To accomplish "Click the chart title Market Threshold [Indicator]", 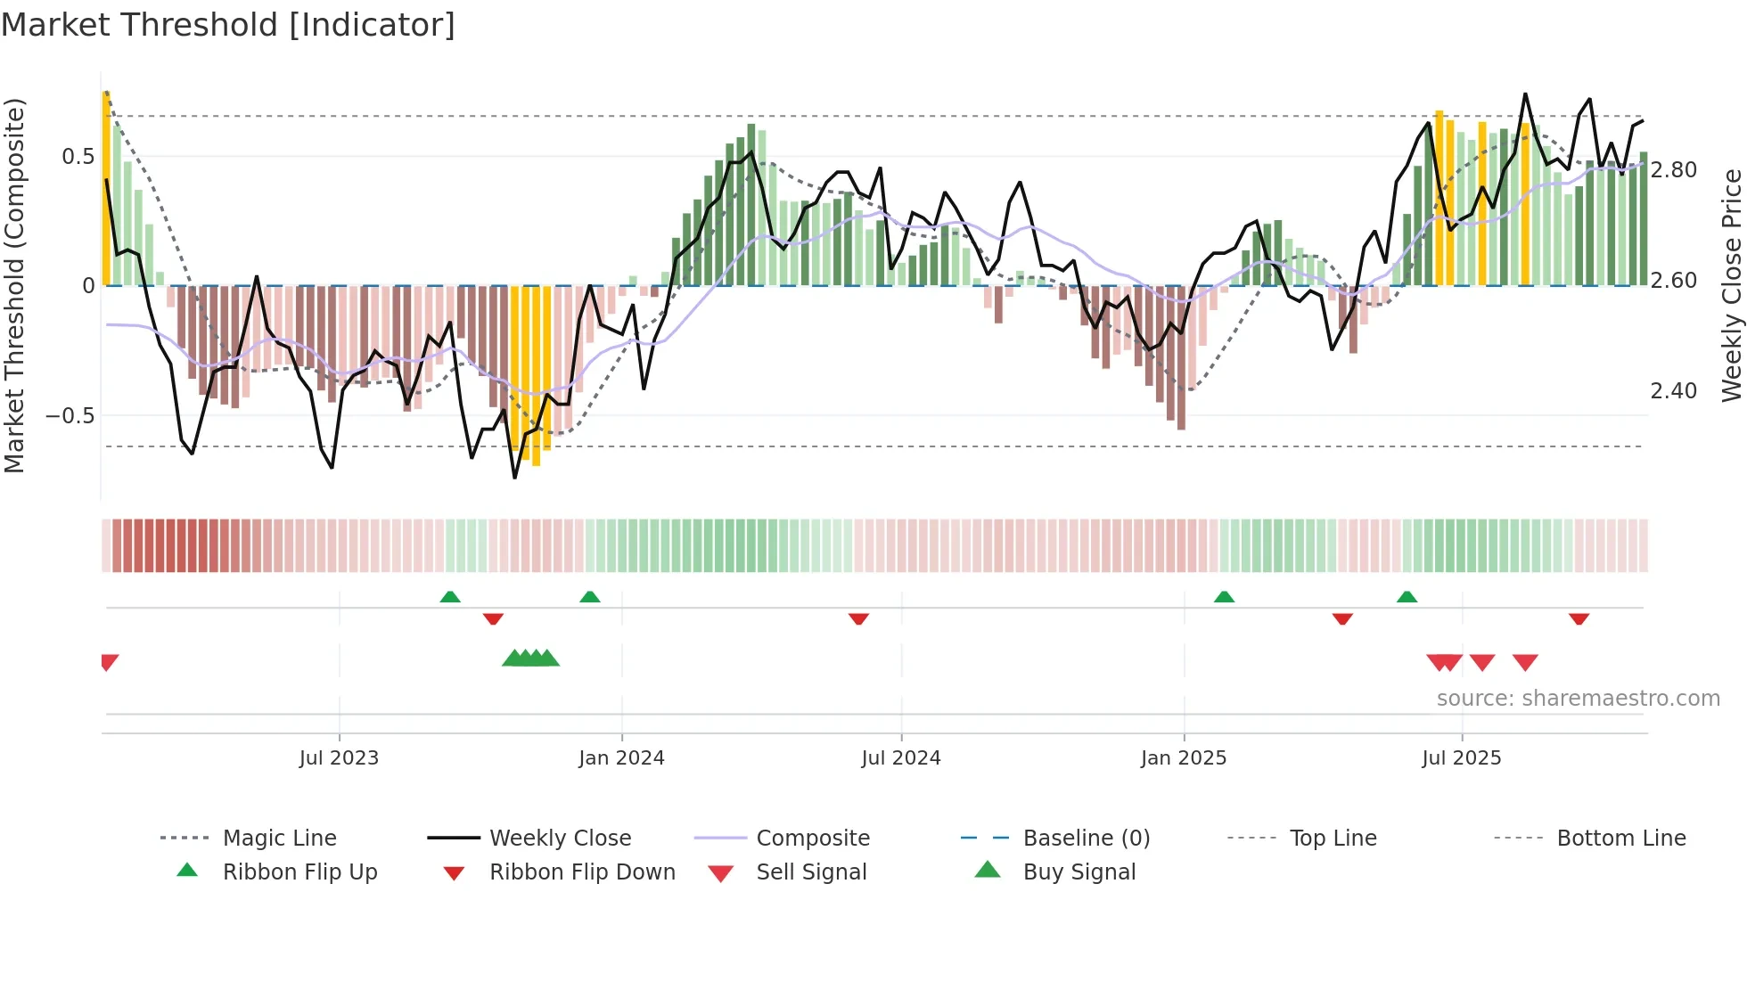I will coord(228,25).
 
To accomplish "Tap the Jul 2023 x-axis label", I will coord(339,758).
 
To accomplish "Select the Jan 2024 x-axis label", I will coord(621,758).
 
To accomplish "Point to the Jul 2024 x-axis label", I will coord(900,758).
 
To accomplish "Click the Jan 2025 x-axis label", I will coord(1183,758).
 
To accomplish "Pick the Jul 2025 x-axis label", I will coord(1461,758).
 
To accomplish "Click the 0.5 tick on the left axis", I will coord(78,157).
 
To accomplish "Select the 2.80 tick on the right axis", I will coord(1673,170).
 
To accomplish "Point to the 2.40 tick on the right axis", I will coord(1673,391).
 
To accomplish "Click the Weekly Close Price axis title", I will coord(1731,285).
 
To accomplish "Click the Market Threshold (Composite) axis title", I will coord(14,285).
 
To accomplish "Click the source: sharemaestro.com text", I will coord(1578,699).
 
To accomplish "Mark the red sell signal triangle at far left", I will coord(109,661).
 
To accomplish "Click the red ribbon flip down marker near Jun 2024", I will coord(858,618).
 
